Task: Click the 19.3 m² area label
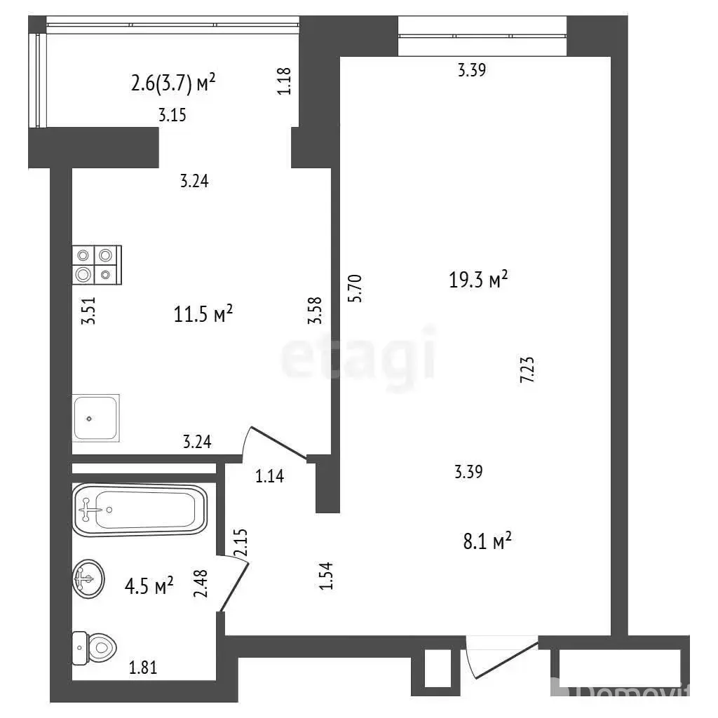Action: tap(478, 279)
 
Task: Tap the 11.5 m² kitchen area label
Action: tap(203, 314)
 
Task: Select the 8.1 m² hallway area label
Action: tap(487, 541)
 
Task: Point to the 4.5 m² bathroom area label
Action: tap(149, 585)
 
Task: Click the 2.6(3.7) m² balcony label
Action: tap(173, 83)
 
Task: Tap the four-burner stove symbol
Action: tap(97, 264)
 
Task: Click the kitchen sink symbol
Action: tap(95, 418)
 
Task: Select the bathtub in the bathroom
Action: tap(140, 510)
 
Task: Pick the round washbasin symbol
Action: tap(88, 578)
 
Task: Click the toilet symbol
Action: tap(95, 648)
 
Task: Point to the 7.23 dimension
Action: tap(527, 370)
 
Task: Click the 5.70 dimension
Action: tap(355, 288)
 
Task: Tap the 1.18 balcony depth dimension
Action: tap(284, 81)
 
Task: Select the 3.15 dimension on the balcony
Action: tap(172, 114)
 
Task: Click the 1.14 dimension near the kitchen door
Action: tap(270, 476)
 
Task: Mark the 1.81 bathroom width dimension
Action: tap(143, 668)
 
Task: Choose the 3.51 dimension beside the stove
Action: tap(88, 311)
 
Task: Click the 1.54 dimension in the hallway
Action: tap(325, 576)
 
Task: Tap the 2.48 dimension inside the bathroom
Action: tap(201, 583)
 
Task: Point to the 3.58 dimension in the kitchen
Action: tap(315, 311)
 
